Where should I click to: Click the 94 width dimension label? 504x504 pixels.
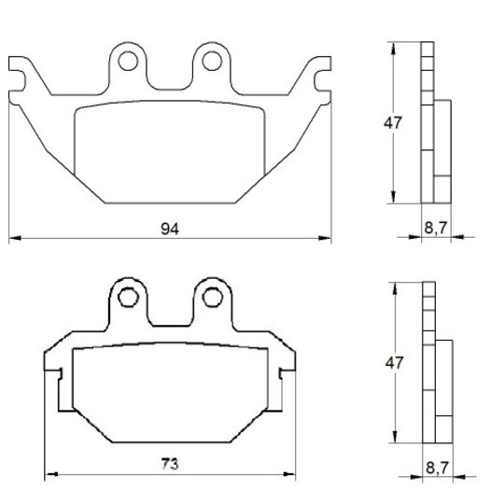pos(170,229)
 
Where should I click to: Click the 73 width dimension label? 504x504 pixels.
pos(170,464)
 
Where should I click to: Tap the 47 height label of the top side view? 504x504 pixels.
pos(393,123)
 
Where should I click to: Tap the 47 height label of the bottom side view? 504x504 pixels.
pos(394,363)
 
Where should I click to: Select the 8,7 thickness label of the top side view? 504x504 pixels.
pos(436,228)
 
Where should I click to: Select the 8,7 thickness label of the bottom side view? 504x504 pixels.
pos(437,468)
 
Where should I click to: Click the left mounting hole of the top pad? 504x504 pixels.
pos(128,61)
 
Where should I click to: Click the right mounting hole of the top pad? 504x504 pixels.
pos(212,61)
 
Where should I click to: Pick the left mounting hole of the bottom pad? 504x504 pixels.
pos(128,298)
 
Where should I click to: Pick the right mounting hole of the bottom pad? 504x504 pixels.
pos(212,298)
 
